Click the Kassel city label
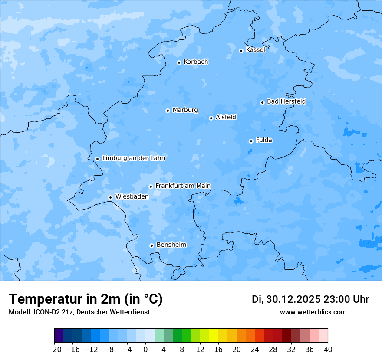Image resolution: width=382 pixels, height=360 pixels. [255, 50]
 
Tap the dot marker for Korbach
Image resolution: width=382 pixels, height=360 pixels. [179, 62]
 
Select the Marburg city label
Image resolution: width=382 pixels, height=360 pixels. [185, 110]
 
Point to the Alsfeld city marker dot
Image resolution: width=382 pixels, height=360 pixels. [211, 118]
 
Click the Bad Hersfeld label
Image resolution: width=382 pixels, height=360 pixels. [286, 101]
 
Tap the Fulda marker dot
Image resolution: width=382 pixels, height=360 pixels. [251, 141]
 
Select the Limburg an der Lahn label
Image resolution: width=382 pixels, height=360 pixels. [133, 158]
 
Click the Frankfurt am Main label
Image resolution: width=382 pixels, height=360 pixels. [183, 186]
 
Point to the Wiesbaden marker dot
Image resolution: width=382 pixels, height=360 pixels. [110, 197]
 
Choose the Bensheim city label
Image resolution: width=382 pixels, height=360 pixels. [171, 245]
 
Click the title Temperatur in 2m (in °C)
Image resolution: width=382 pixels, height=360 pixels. [86, 299]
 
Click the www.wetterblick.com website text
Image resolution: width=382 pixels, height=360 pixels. [313, 312]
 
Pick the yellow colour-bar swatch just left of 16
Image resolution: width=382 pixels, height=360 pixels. [214, 336]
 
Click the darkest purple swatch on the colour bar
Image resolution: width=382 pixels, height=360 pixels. [59, 336]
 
